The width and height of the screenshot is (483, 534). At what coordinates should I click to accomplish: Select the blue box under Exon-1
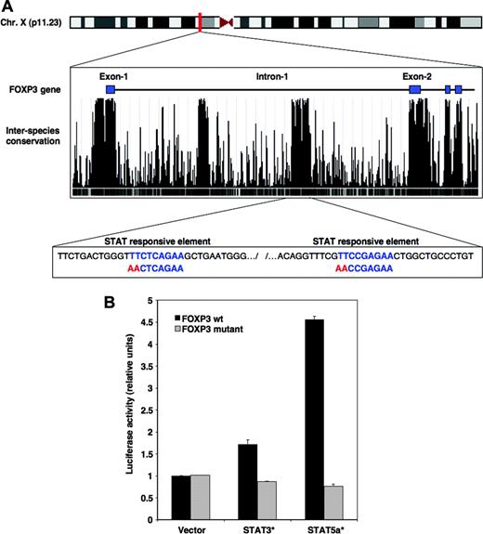pyautogui.click(x=111, y=88)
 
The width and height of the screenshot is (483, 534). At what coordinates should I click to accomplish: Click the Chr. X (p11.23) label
pyautogui.click(x=32, y=20)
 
